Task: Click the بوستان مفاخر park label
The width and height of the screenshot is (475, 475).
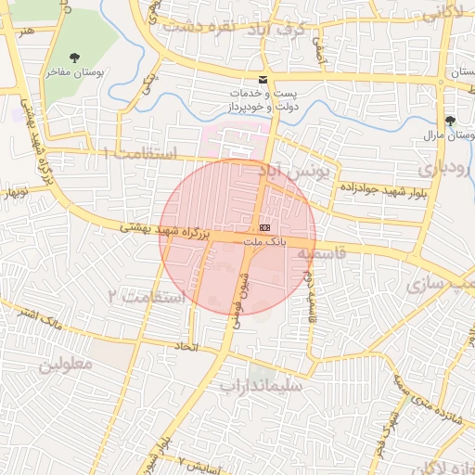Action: (x=73, y=71)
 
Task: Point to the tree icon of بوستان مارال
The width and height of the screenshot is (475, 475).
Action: (x=450, y=122)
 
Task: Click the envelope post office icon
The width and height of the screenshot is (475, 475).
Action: (x=263, y=81)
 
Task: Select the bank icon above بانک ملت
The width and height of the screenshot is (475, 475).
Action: (x=265, y=227)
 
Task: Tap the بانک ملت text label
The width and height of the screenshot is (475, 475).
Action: (x=265, y=241)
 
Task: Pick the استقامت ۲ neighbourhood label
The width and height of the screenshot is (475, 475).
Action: (x=149, y=297)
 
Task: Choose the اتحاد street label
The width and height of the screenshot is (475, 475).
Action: (x=187, y=346)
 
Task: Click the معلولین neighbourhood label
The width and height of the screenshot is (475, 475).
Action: (x=66, y=364)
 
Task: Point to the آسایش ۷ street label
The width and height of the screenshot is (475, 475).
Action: (x=195, y=461)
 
